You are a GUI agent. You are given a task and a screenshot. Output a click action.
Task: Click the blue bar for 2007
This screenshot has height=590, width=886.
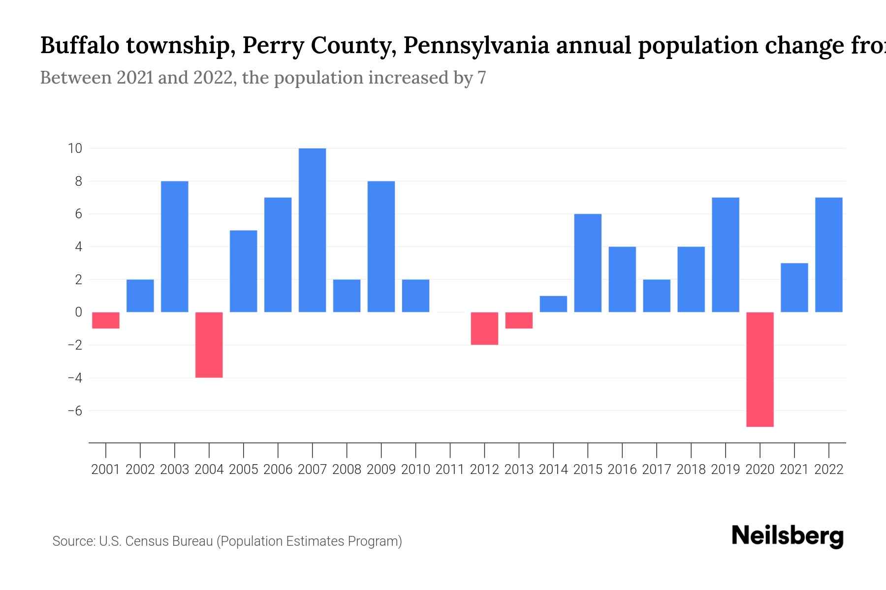[312, 230]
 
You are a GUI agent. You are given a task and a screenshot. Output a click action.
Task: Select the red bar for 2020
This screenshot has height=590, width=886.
[759, 369]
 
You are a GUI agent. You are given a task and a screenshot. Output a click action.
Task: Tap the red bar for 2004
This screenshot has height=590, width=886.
[209, 345]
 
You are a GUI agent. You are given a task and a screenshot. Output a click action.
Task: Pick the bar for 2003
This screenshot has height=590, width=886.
[174, 246]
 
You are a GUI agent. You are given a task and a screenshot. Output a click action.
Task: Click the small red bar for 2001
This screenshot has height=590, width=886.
[106, 320]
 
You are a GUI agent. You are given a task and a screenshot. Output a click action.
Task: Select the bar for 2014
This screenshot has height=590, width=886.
[553, 304]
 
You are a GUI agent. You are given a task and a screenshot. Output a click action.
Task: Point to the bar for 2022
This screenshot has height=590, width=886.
[828, 255]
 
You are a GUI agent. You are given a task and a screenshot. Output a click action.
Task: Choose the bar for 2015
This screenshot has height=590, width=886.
[588, 263]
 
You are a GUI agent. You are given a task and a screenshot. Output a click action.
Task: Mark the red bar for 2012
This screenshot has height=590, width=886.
[484, 328]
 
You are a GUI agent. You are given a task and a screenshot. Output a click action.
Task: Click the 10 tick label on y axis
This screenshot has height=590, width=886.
[75, 148]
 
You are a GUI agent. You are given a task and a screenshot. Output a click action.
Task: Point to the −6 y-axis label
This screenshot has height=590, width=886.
[75, 411]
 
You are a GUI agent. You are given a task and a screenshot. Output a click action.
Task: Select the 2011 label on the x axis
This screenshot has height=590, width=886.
[450, 470]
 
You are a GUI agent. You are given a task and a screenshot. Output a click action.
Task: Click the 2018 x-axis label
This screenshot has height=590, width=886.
[691, 470]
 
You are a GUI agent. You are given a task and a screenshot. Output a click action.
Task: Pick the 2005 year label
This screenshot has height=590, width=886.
[243, 470]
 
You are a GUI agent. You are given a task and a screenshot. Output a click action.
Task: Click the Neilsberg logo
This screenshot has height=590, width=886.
[788, 536]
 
